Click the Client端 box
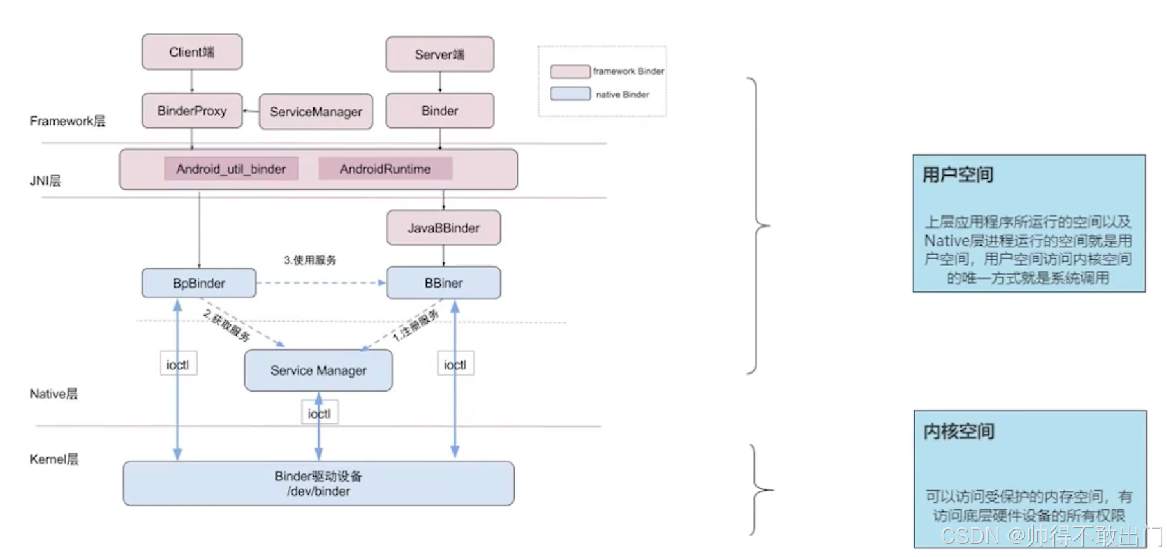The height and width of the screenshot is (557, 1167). coord(192,52)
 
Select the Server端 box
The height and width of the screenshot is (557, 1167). coord(439,55)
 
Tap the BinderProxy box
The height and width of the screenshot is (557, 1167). coord(192,111)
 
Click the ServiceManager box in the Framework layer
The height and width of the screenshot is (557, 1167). coord(315,112)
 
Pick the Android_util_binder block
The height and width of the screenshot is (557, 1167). coord(231,169)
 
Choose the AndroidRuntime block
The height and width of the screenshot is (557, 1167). coord(385,169)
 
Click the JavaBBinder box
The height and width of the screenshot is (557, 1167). coord(443,228)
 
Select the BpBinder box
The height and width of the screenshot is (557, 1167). coord(199,283)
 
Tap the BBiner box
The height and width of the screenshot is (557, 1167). coord(443,283)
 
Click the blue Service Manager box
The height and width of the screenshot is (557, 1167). coord(318,370)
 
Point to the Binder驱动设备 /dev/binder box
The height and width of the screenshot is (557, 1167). coord(318,483)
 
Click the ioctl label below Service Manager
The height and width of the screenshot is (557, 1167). coord(319,413)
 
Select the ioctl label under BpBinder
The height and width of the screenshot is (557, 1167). coord(178,365)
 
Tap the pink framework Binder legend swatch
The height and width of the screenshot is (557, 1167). coord(570,71)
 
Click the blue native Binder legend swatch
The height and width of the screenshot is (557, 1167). coord(570,94)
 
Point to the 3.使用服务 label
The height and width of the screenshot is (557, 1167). coord(310,260)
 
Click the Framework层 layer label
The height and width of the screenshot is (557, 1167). coord(67,121)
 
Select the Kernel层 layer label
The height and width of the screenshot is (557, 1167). coord(54,459)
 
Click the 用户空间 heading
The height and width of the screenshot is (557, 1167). coord(958,175)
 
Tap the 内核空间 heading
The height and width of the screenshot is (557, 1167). coord(959,431)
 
